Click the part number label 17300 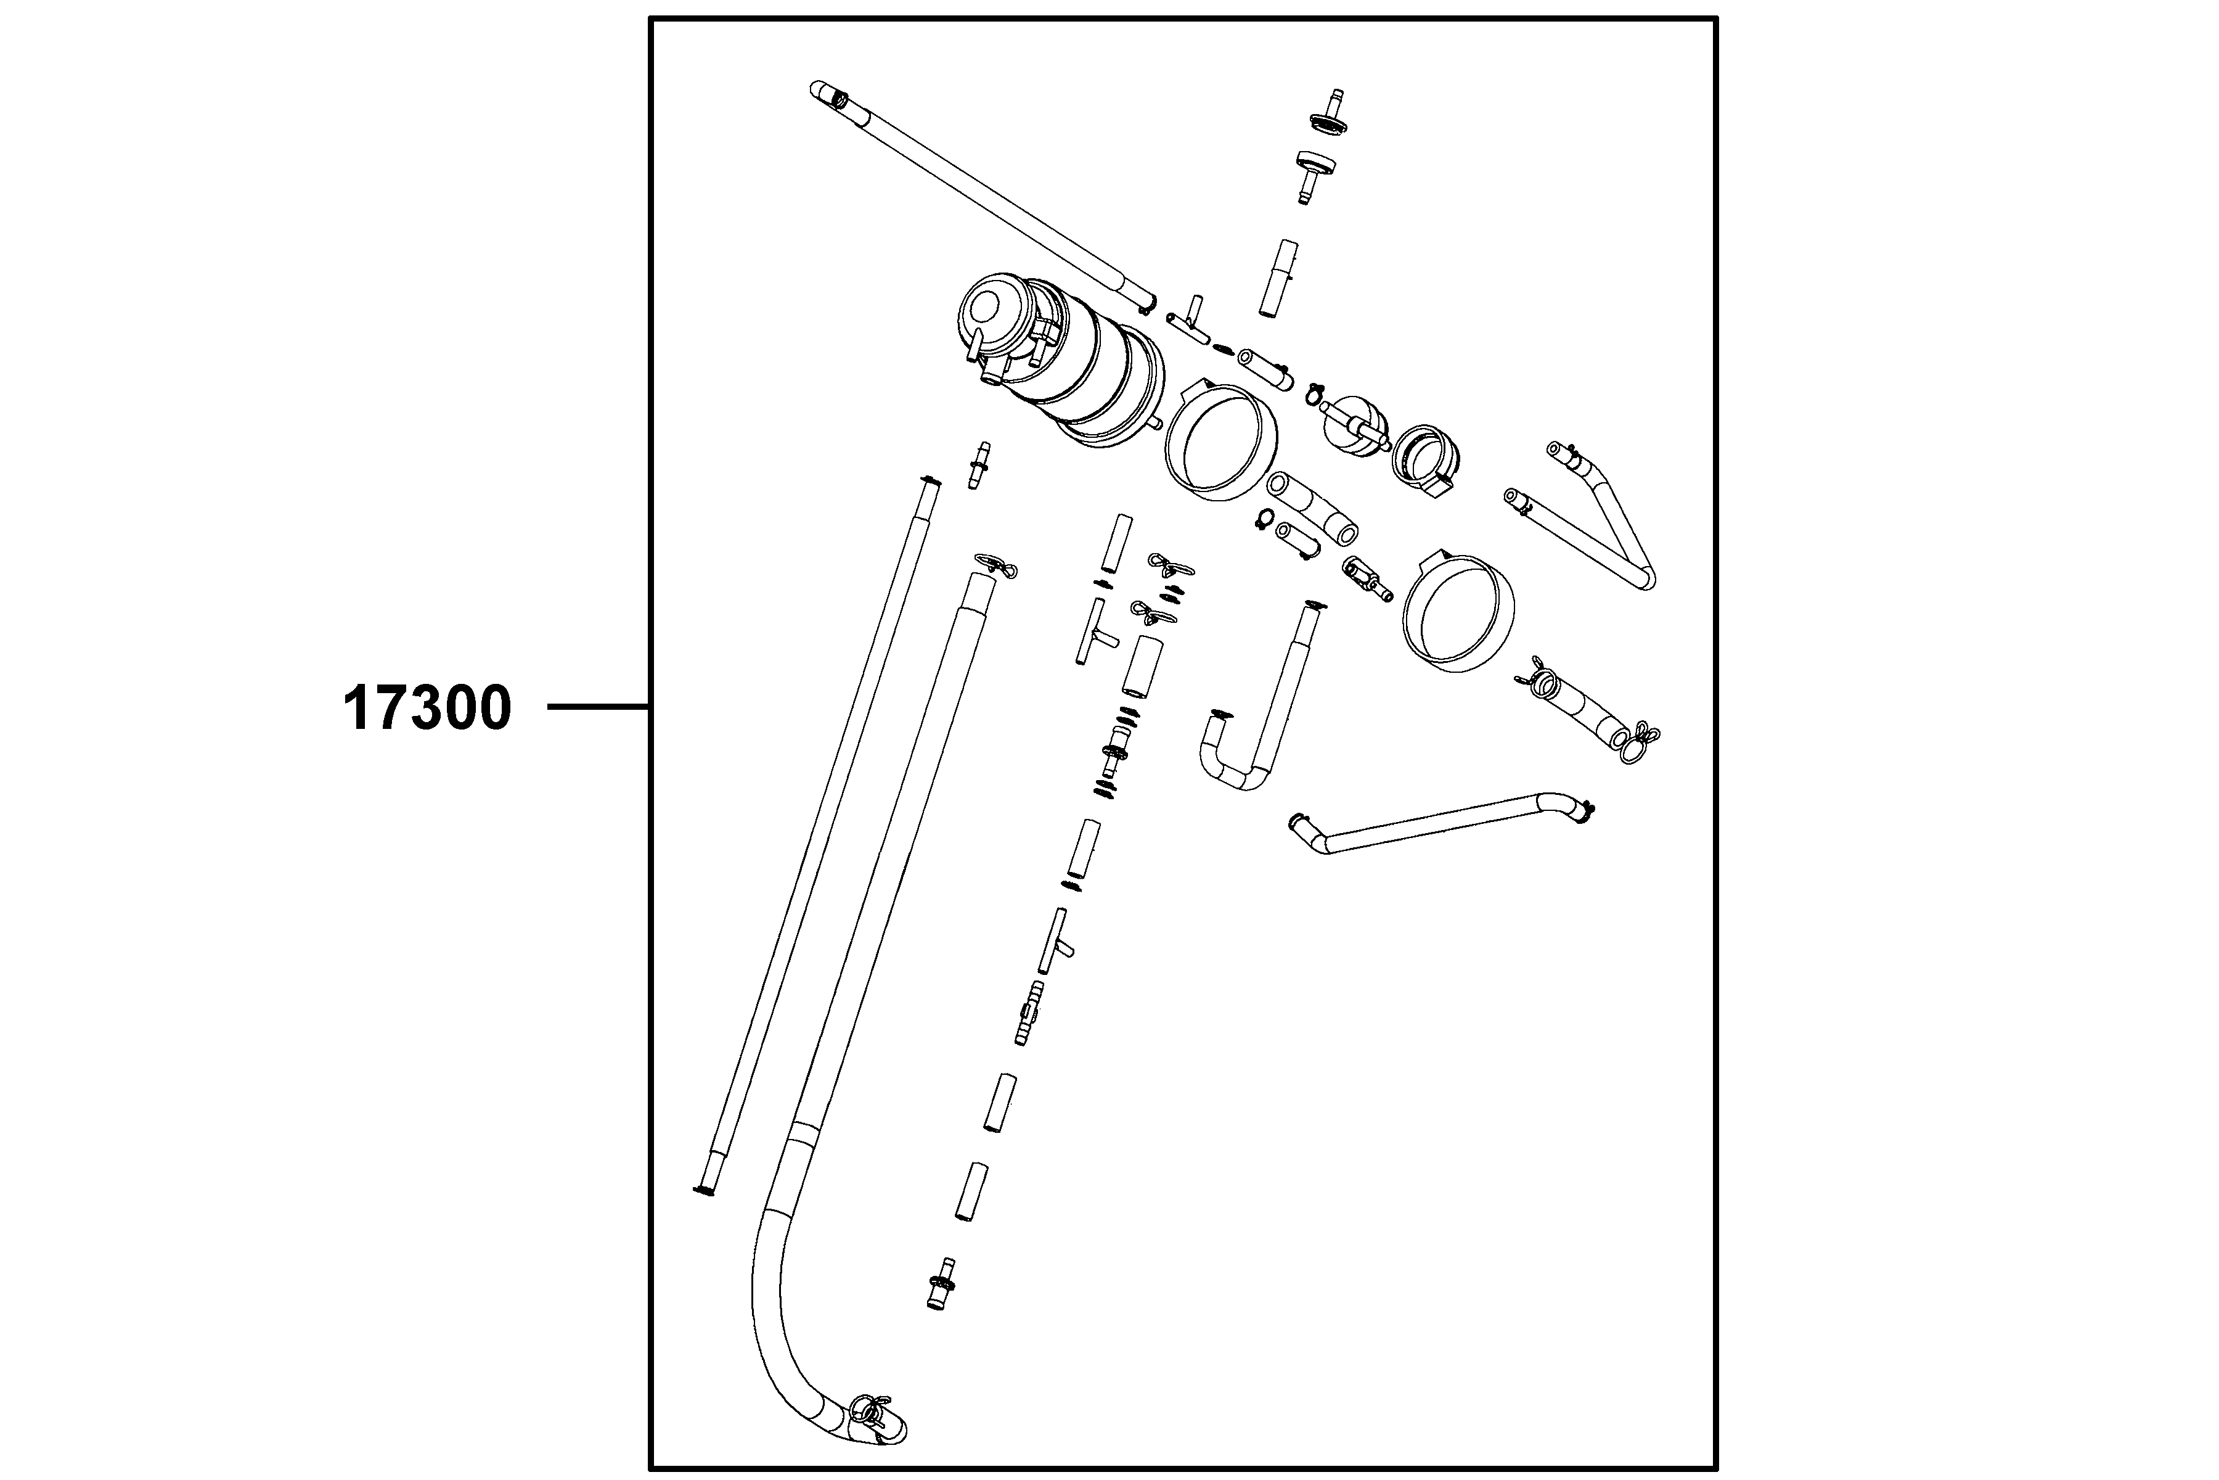click(x=427, y=708)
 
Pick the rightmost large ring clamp click(x=1458, y=612)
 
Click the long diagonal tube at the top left click(x=981, y=194)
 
